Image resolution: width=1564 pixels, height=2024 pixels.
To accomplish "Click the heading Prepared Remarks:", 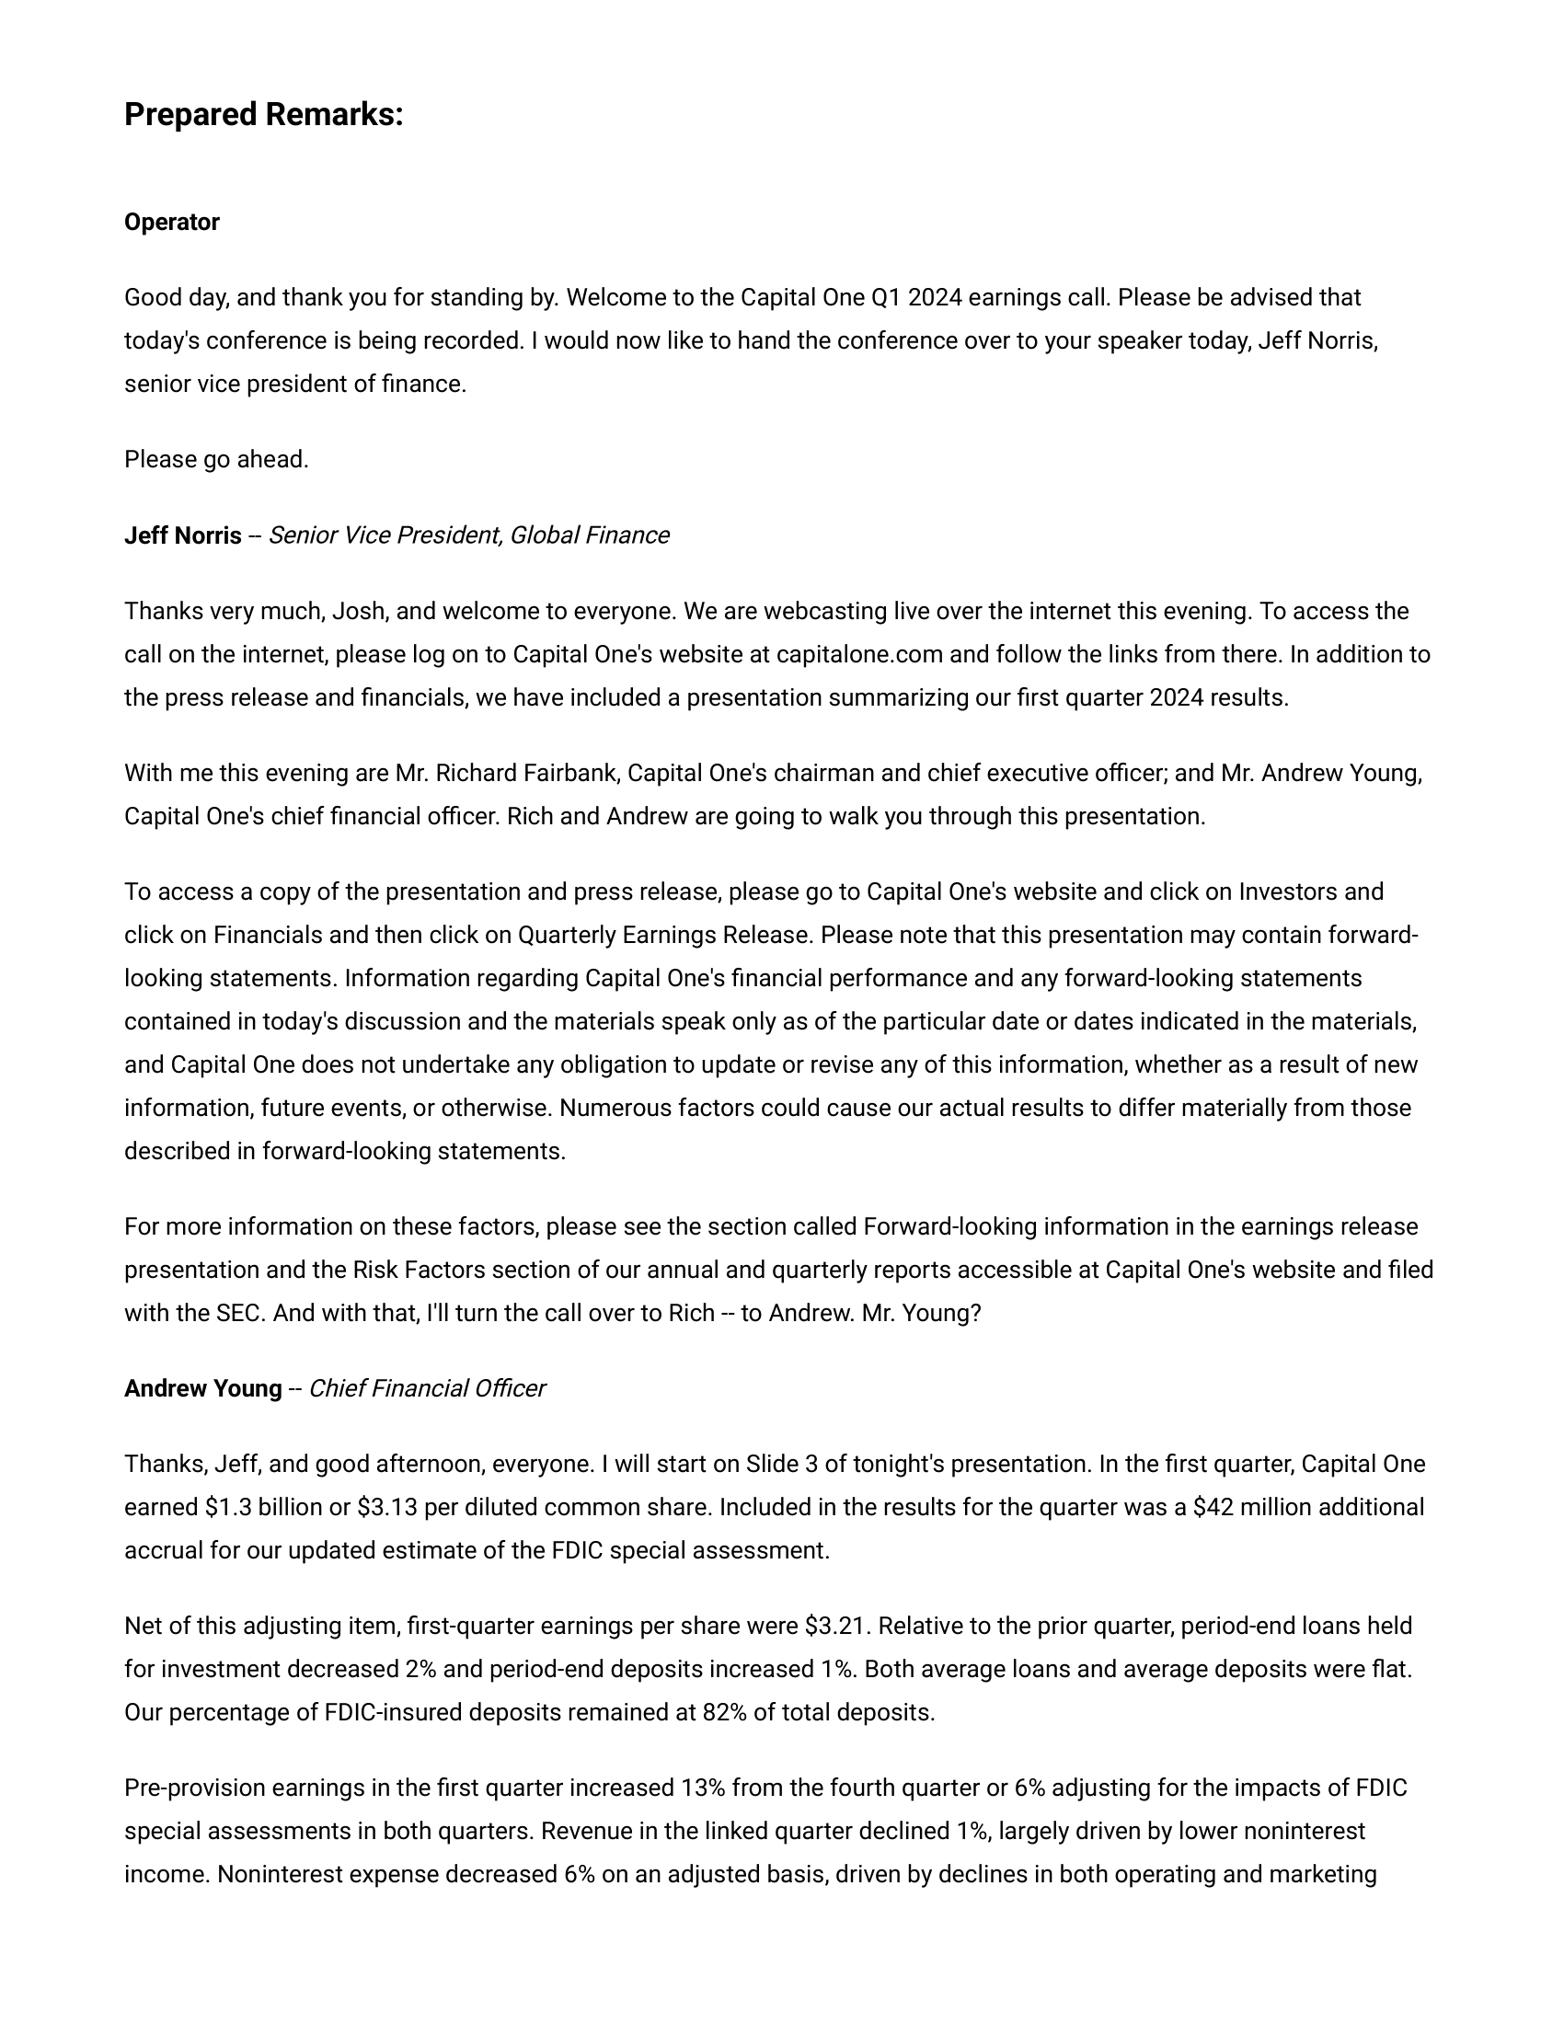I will pyautogui.click(x=263, y=115).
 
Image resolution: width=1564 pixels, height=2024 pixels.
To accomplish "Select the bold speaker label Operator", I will pyautogui.click(x=171, y=223).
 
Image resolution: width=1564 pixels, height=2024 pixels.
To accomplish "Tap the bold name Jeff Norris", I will pyautogui.click(x=182, y=535).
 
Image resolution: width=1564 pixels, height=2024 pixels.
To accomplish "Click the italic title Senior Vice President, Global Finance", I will pyautogui.click(x=468, y=535).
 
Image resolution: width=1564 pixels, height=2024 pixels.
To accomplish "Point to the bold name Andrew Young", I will pyautogui.click(x=203, y=1388).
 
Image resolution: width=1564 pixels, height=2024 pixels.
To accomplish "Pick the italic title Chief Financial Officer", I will pyautogui.click(x=426, y=1388).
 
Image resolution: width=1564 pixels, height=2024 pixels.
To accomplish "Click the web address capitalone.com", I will pyautogui.click(x=859, y=655).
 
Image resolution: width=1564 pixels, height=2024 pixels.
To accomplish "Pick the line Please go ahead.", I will pyautogui.click(x=216, y=460).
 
